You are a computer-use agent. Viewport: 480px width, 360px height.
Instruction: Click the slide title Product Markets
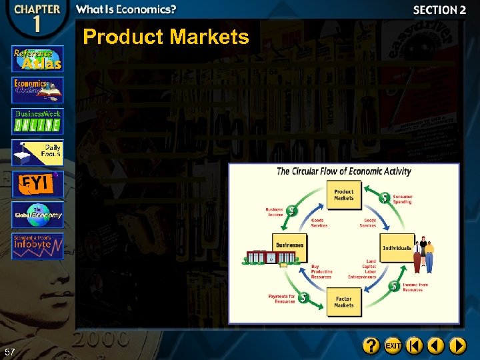click(x=165, y=37)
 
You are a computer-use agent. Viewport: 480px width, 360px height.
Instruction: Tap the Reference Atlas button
click(x=37, y=59)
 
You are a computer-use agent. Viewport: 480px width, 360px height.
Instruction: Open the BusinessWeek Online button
click(x=37, y=121)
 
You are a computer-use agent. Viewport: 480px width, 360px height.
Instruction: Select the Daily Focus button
click(x=37, y=153)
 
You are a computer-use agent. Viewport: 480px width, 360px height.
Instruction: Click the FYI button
click(x=37, y=184)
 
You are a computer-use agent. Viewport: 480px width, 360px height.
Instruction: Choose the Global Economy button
click(x=37, y=215)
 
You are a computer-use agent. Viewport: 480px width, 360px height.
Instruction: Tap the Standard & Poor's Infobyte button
click(x=37, y=246)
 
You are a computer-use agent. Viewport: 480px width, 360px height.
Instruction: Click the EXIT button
click(x=393, y=346)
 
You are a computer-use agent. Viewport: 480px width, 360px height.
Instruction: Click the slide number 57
click(x=9, y=351)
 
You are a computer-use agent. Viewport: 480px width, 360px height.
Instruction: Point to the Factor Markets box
click(x=344, y=301)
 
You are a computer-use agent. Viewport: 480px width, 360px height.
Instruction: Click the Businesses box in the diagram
click(x=290, y=245)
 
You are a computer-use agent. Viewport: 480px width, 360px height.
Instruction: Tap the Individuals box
click(x=397, y=247)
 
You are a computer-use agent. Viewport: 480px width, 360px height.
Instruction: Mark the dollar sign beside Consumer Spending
click(x=384, y=198)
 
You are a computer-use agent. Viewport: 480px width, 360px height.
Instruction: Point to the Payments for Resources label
click(x=281, y=299)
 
